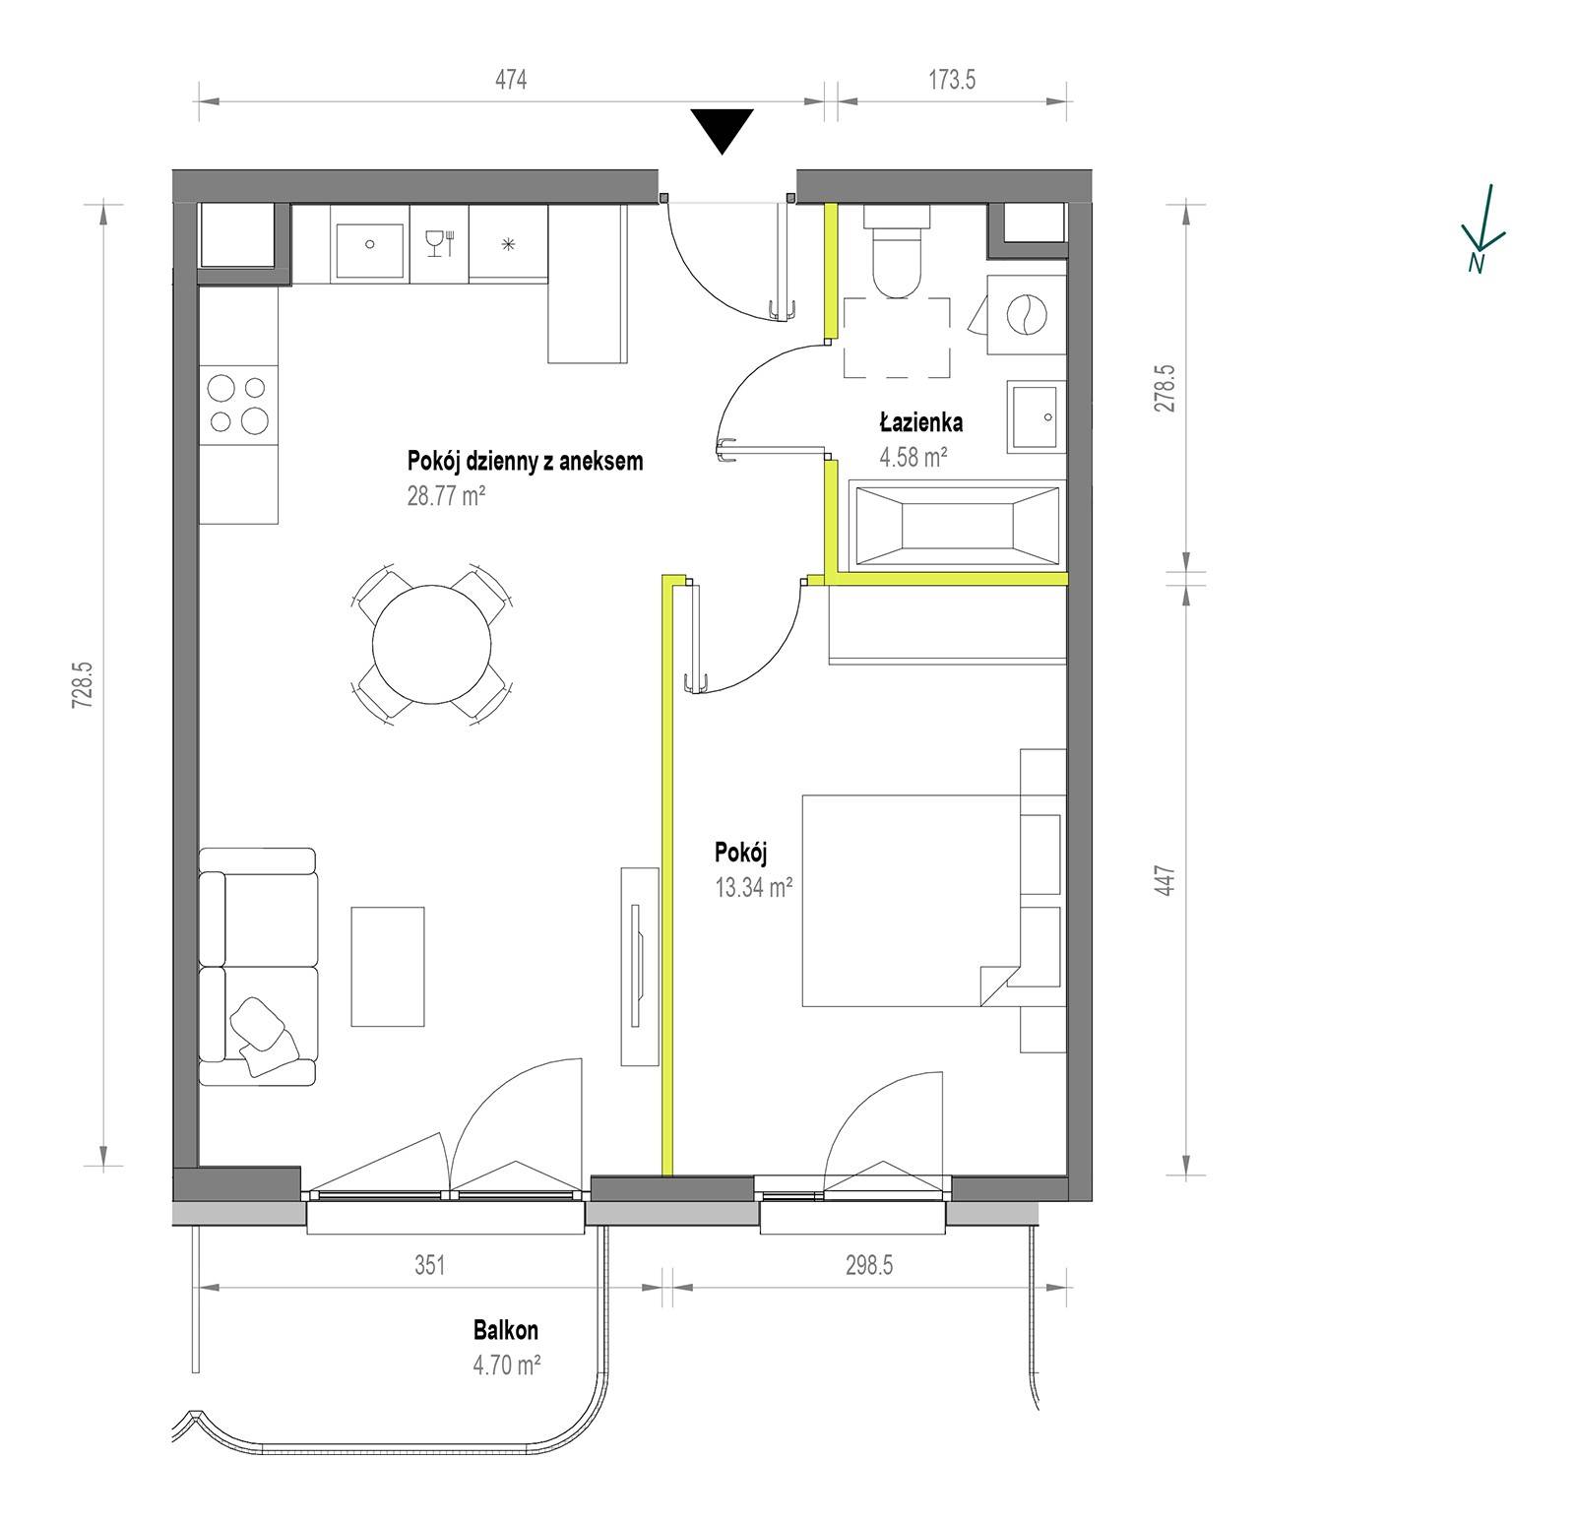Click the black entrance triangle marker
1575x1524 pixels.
point(723,129)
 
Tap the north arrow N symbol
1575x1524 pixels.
point(1482,228)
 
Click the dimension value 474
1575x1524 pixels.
point(511,80)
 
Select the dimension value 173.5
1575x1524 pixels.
point(951,80)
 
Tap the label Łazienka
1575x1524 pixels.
point(920,423)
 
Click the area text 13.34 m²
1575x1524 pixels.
point(755,888)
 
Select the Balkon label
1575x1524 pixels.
point(506,1331)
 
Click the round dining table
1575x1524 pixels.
point(431,646)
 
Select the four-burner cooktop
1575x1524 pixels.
point(238,406)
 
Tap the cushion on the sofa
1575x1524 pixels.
point(263,1033)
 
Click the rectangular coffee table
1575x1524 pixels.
point(388,967)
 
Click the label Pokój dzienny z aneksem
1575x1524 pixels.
point(525,461)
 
